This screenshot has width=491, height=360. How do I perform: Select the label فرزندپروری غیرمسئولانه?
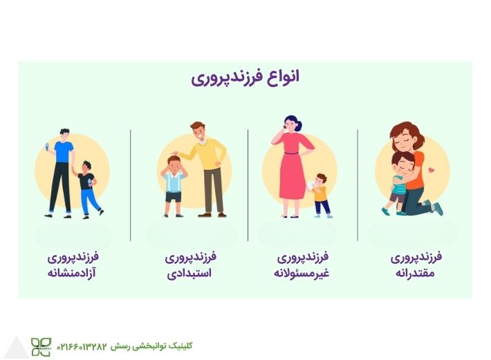pyautogui.click(x=302, y=265)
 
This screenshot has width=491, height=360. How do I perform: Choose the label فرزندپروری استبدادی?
pyautogui.click(x=190, y=265)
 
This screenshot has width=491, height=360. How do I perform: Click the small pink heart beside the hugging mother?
pyautogui.click(x=431, y=169)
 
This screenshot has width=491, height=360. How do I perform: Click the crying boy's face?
pyautogui.click(x=174, y=164)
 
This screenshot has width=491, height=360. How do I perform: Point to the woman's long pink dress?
pyautogui.click(x=294, y=169)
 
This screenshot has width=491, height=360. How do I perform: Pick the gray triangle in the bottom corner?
pyautogui.click(x=15, y=348)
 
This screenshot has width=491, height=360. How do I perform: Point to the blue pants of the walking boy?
pyautogui.click(x=88, y=200)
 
